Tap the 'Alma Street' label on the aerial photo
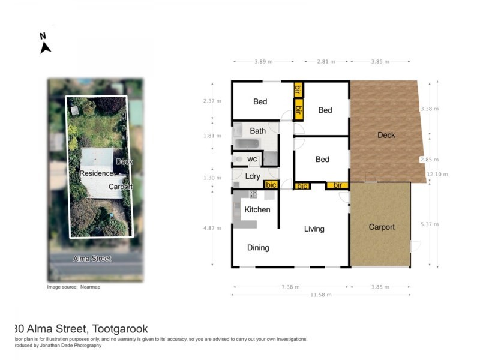point(92,259)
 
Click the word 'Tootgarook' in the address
point(120,329)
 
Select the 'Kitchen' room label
point(257,209)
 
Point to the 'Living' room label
point(314,229)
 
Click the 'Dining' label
point(258,248)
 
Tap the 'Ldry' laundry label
point(252,176)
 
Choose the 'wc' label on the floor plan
point(252,159)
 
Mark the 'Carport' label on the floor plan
point(382,227)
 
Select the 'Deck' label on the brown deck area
point(386,135)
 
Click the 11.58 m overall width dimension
point(320,295)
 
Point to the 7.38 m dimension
point(289,287)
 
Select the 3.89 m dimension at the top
point(263,61)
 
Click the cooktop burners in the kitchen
point(253,194)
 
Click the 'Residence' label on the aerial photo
point(97,173)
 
